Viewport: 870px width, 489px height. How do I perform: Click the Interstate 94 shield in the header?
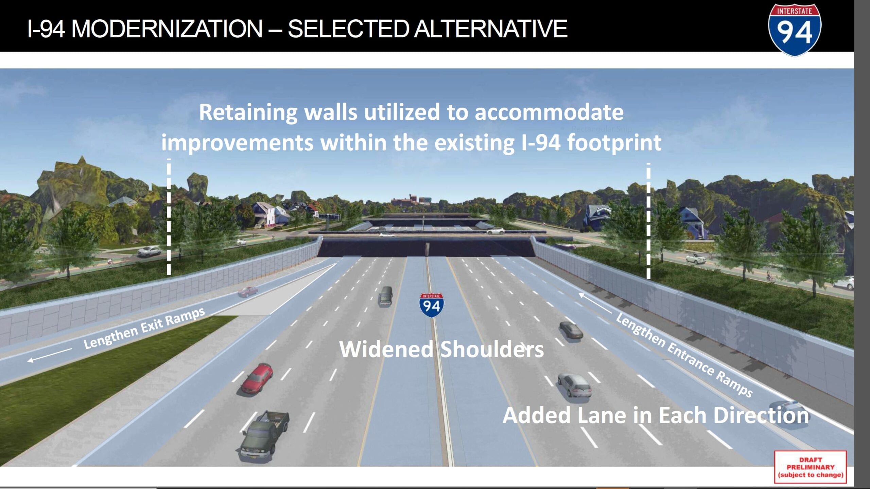(x=795, y=30)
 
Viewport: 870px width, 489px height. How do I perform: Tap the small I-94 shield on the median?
(x=431, y=305)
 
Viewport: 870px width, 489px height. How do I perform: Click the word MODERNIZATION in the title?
(x=167, y=29)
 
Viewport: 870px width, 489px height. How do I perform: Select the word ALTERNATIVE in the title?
(x=491, y=29)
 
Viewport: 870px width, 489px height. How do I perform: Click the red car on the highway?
(x=257, y=378)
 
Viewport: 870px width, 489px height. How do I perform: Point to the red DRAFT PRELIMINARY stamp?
(x=811, y=467)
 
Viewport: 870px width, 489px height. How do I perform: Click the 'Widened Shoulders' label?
(x=441, y=349)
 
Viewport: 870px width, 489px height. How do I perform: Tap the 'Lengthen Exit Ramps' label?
(x=144, y=328)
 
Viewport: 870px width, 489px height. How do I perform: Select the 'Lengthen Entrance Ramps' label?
(x=684, y=355)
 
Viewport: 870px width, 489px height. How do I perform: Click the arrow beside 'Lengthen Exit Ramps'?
(x=50, y=355)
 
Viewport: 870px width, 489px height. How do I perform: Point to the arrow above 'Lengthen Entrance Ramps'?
(x=594, y=303)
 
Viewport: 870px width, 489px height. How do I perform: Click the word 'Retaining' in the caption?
(x=248, y=112)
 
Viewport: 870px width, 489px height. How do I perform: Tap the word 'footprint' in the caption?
(x=614, y=143)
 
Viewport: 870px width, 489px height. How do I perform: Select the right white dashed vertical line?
(x=648, y=221)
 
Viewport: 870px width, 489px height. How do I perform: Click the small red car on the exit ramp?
(x=247, y=291)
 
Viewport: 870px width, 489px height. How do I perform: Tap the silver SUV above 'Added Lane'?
(x=575, y=385)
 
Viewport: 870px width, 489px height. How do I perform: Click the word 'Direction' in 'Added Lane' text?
(x=761, y=415)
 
